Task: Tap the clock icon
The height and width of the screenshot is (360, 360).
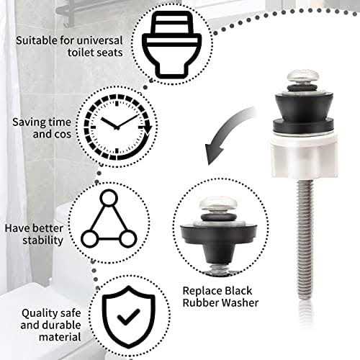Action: (117, 124)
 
